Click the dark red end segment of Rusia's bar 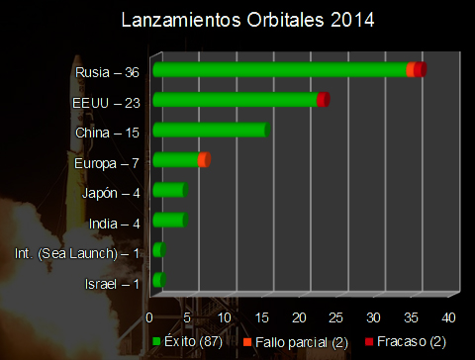click(421, 68)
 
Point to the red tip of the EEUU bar click(324, 99)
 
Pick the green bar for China click(210, 131)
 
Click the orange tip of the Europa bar click(204, 160)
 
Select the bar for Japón click(169, 191)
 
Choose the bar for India click(169, 221)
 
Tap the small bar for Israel click(158, 282)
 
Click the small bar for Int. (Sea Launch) click(158, 251)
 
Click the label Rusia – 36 click(107, 72)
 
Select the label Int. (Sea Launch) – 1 click(77, 254)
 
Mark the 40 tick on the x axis click(448, 317)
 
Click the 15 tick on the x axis click(261, 317)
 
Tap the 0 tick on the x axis click(149, 317)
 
